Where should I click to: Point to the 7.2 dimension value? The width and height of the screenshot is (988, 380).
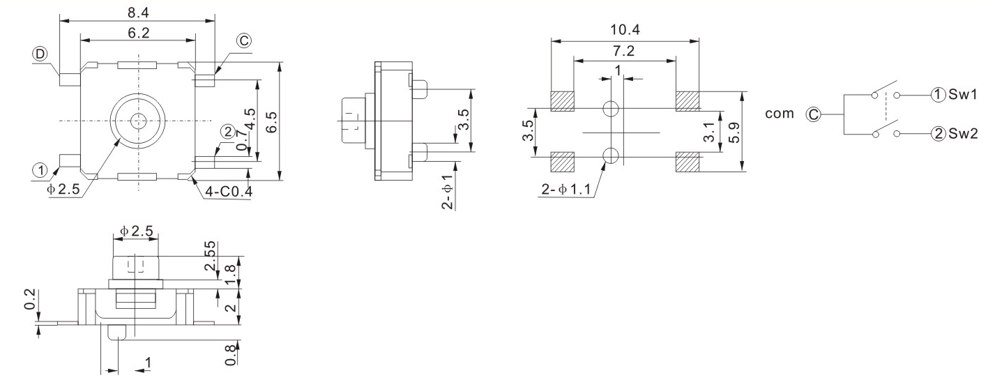point(625,52)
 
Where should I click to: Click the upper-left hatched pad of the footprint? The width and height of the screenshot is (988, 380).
point(561,101)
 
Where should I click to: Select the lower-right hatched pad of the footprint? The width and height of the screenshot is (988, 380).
point(687,162)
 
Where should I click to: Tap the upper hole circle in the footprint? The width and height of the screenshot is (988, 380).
point(611,109)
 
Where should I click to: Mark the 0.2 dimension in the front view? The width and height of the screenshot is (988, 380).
point(29,305)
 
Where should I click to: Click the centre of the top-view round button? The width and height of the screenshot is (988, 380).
point(137,121)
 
